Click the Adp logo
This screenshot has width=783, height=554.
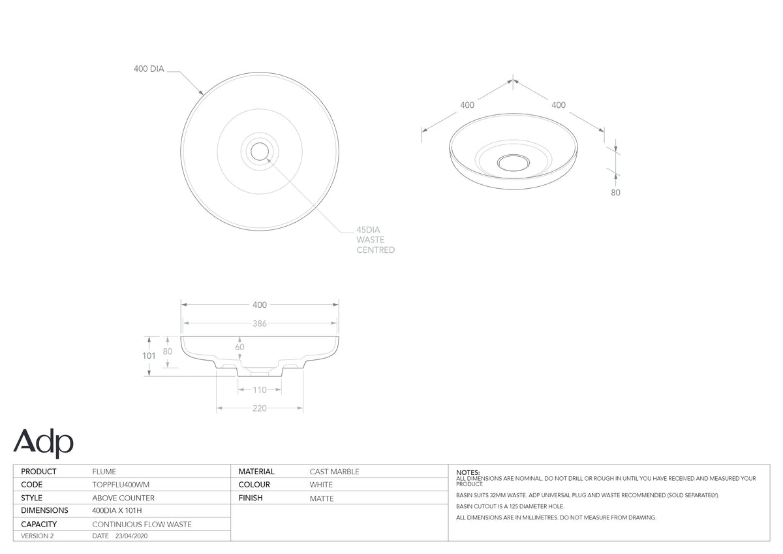(x=43, y=443)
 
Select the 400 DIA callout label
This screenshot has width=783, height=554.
(x=149, y=69)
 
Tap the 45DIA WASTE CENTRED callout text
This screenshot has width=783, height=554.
(x=375, y=240)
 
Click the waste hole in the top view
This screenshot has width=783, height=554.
(x=260, y=152)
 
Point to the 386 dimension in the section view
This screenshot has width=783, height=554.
(x=260, y=323)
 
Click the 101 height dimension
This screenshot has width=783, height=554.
(x=149, y=356)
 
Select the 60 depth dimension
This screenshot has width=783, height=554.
(x=240, y=347)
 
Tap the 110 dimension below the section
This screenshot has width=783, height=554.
(x=260, y=390)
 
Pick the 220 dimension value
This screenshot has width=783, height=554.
(x=260, y=408)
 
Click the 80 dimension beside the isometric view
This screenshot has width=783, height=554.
(x=615, y=193)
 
